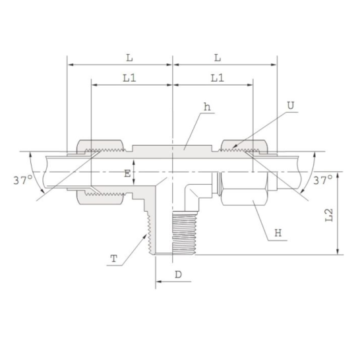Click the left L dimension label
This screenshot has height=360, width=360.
click(x=129, y=57)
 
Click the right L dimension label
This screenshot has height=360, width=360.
click(x=218, y=57)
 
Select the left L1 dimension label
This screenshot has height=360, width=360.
click(x=129, y=77)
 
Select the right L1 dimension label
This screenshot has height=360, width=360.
click(x=218, y=77)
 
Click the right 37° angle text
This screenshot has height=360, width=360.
click(x=322, y=179)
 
